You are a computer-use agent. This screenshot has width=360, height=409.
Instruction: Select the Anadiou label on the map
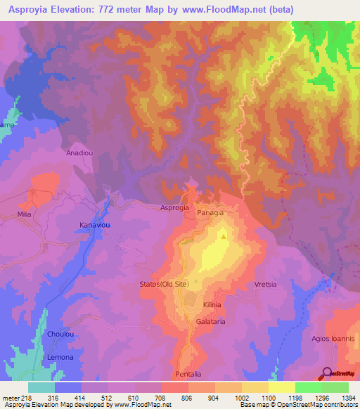click(x=79, y=152)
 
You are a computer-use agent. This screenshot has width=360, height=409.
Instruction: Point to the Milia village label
click(x=25, y=213)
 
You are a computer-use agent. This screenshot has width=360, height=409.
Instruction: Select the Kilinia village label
click(x=212, y=304)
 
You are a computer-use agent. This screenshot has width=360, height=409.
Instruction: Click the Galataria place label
click(x=211, y=321)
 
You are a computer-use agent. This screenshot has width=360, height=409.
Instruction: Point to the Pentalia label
click(x=188, y=373)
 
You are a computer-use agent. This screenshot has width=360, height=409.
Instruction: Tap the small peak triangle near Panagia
click(x=224, y=236)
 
